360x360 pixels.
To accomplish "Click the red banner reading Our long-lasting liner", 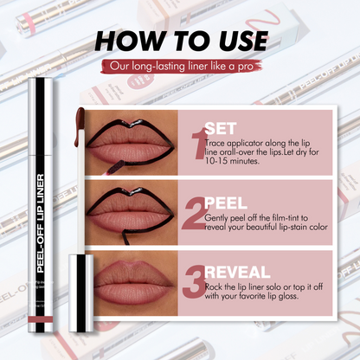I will pyautogui.click(x=179, y=67).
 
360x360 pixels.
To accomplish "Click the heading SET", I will pyautogui.click(x=222, y=123).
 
